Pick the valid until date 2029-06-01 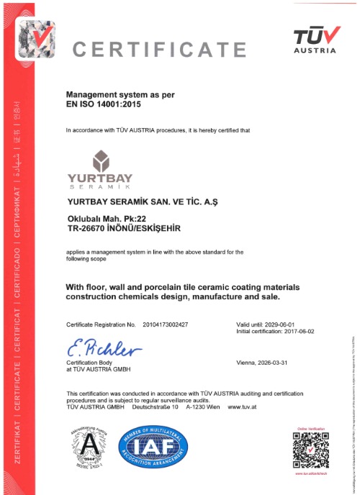(x=278, y=325)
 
